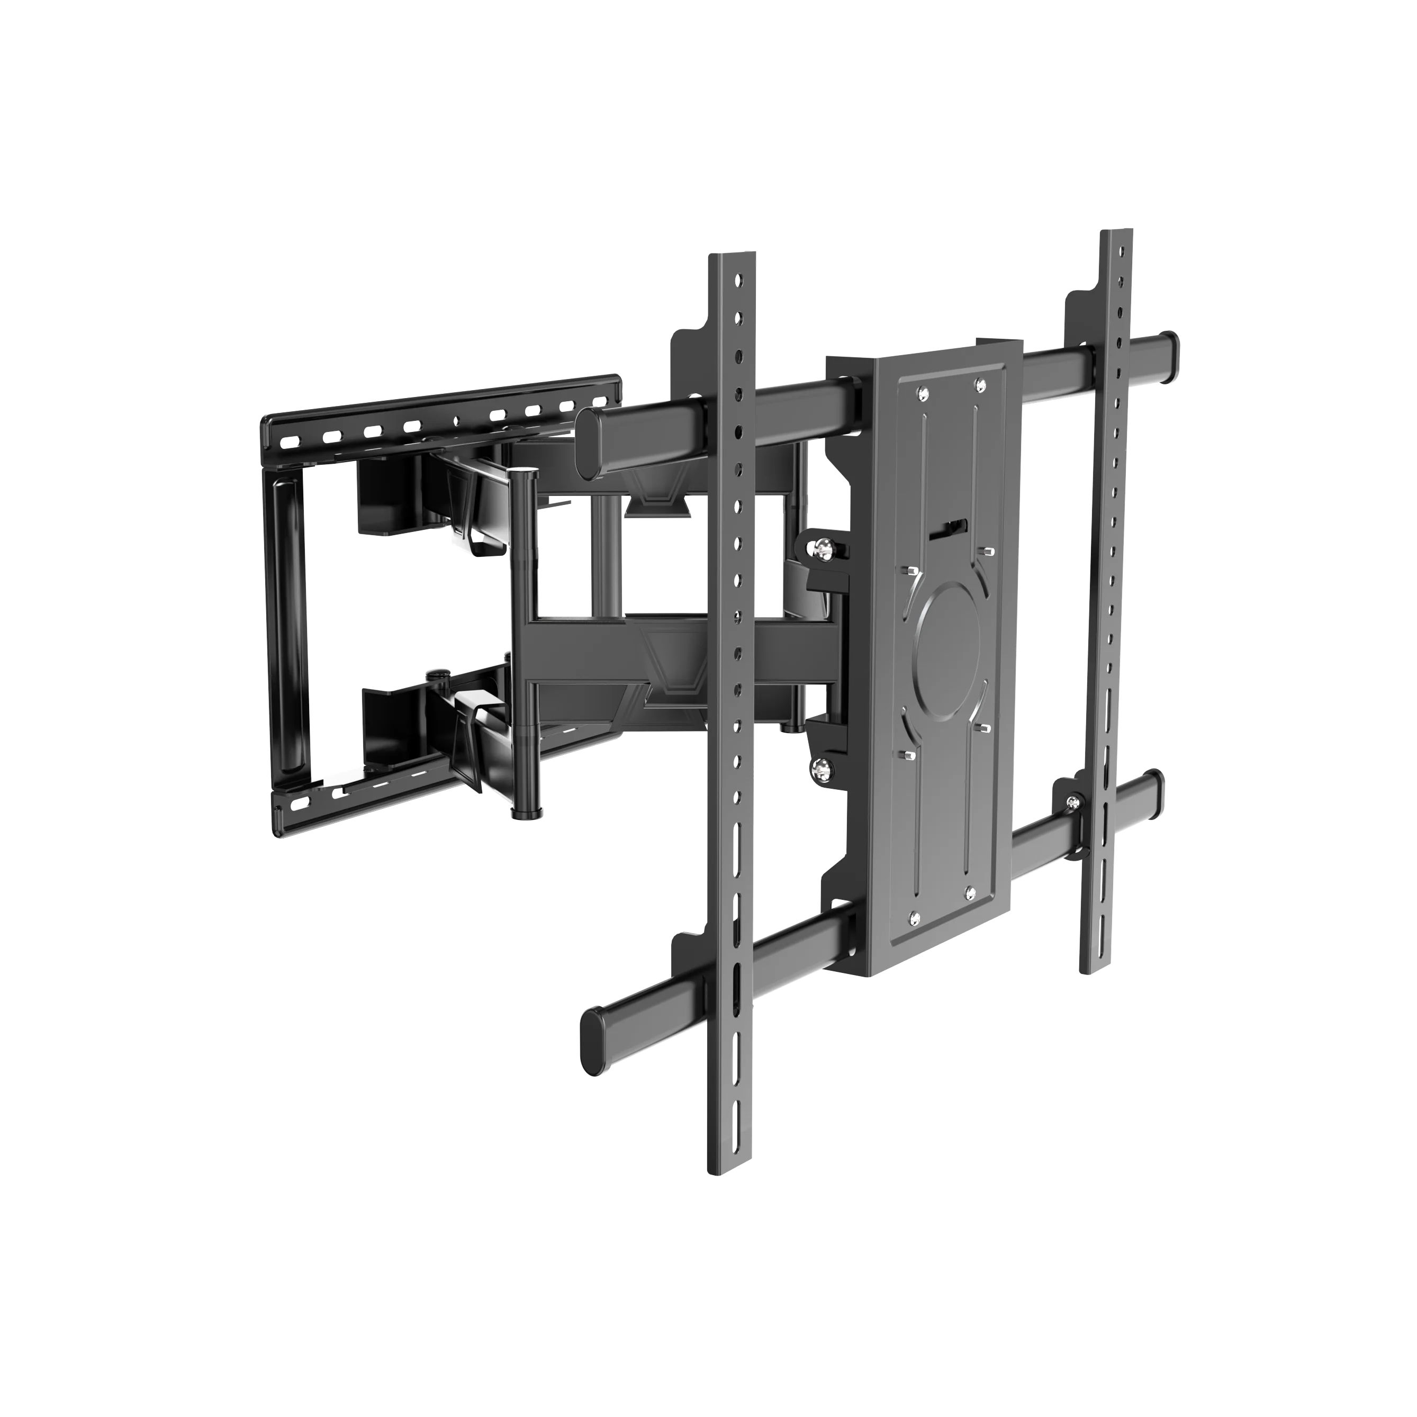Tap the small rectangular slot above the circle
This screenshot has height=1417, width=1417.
tap(949, 529)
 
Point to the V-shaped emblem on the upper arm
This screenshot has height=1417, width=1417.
tap(656, 506)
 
